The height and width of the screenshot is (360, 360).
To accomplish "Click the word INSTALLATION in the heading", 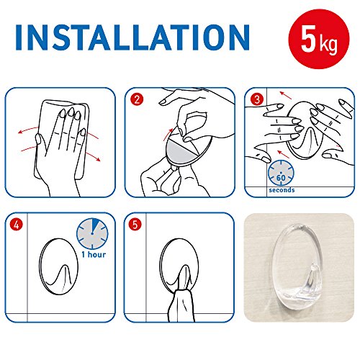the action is coord(132,37).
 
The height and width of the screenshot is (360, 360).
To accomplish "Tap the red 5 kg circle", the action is coord(319,39).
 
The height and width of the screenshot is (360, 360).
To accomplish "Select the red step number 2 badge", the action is coord(137,99).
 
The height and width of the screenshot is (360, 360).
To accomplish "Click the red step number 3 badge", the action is coord(257,99).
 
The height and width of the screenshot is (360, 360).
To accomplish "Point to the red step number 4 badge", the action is coord(16,225).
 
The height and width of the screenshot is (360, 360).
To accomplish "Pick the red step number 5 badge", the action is coord(135,225).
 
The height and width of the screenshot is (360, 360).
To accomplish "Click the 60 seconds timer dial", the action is coord(281,174).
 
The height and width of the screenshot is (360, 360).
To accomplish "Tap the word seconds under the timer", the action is coord(282,190).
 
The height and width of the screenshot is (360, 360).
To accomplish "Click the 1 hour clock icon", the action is coord(92,233).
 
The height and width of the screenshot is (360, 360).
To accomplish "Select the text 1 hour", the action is coord(94,254).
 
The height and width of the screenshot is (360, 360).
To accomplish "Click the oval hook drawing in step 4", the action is coord(40,266).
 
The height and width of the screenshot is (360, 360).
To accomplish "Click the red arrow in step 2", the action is coord(168,135).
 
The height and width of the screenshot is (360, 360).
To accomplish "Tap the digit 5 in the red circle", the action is coord(308,38).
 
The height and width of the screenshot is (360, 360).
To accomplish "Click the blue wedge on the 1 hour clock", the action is coord(95,225).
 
